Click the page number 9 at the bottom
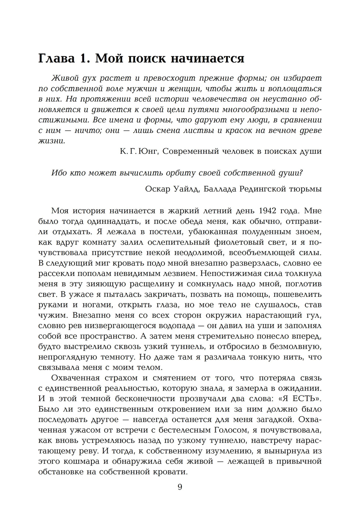[x=180, y=487]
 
